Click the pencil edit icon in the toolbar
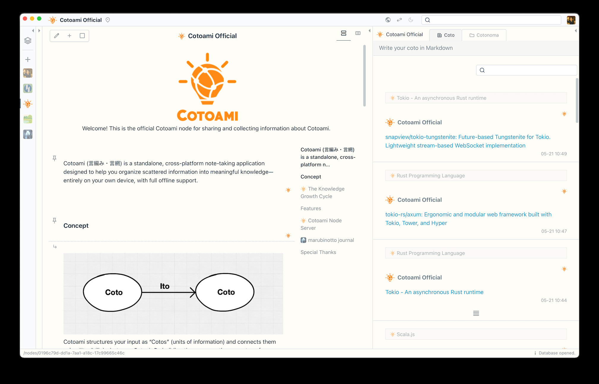[56, 36]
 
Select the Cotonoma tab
[484, 35]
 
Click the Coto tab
[446, 35]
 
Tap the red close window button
[25, 19]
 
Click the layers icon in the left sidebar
[28, 40]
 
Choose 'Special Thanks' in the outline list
[318, 252]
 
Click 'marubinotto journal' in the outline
[330, 240]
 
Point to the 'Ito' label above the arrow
[165, 286]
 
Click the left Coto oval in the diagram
[113, 292]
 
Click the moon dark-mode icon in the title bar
[411, 20]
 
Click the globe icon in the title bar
[388, 20]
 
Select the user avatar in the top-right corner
[571, 20]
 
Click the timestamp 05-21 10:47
[554, 231]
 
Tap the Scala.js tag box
[476, 334]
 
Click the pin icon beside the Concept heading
[54, 220]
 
